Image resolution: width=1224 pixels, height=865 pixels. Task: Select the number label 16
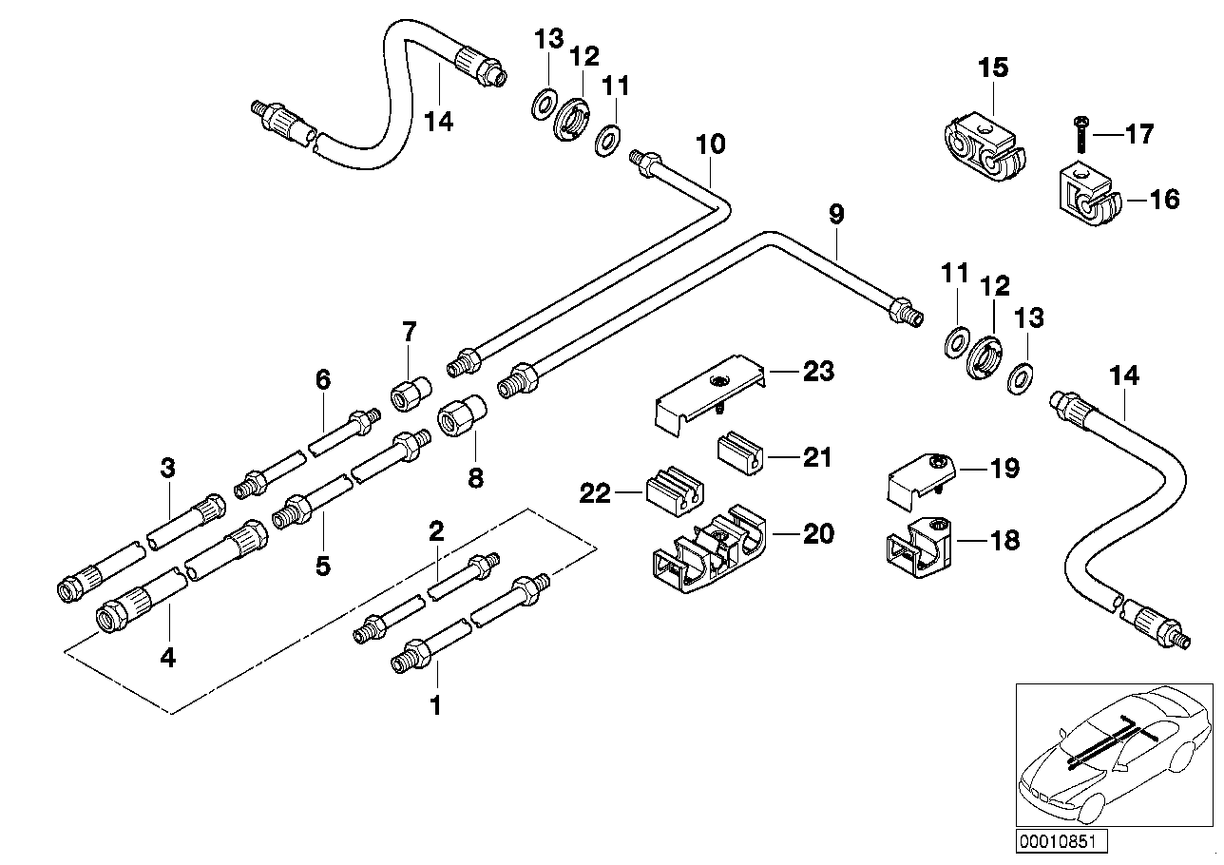pos(1165,199)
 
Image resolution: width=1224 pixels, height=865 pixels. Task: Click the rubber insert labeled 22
pos(673,491)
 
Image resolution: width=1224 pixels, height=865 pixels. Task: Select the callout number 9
pos(835,214)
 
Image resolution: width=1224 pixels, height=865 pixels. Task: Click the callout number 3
pos(168,468)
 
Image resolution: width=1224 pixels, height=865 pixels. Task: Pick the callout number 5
pos(323,567)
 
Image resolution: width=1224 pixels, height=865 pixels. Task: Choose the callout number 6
pos(323,380)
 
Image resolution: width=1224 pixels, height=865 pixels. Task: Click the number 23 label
pos(817,371)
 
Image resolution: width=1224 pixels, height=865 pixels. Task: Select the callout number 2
pos(436,530)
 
